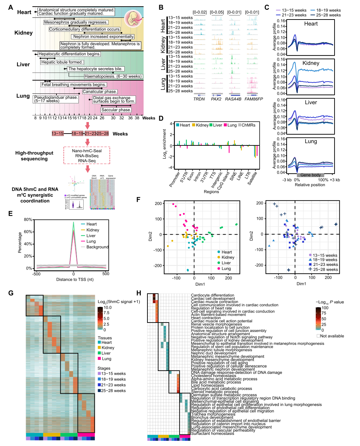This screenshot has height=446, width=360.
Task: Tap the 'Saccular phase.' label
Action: pos(116,110)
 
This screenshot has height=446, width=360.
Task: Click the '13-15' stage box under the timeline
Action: pos(58,134)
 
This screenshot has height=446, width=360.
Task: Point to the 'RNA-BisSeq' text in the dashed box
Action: pos(87,156)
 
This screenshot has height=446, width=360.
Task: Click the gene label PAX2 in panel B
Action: pos(216,99)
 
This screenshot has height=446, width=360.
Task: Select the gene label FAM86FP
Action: pos(253,99)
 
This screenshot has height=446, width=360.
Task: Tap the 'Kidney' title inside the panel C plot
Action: pos(311,63)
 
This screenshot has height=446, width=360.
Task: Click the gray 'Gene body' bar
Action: pos(310,175)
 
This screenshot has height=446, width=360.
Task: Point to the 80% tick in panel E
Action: pos(28,220)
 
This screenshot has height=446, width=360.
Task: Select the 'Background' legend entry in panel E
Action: pos(97,247)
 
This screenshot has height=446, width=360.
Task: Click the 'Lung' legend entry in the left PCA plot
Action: pos(226,269)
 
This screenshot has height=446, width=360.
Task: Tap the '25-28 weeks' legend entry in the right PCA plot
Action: pos(325,269)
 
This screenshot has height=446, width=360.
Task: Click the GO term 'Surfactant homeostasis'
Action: pos(213,433)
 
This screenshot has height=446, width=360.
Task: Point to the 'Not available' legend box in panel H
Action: pos(319,336)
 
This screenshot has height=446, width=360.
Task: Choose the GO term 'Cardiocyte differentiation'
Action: pos(213,295)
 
